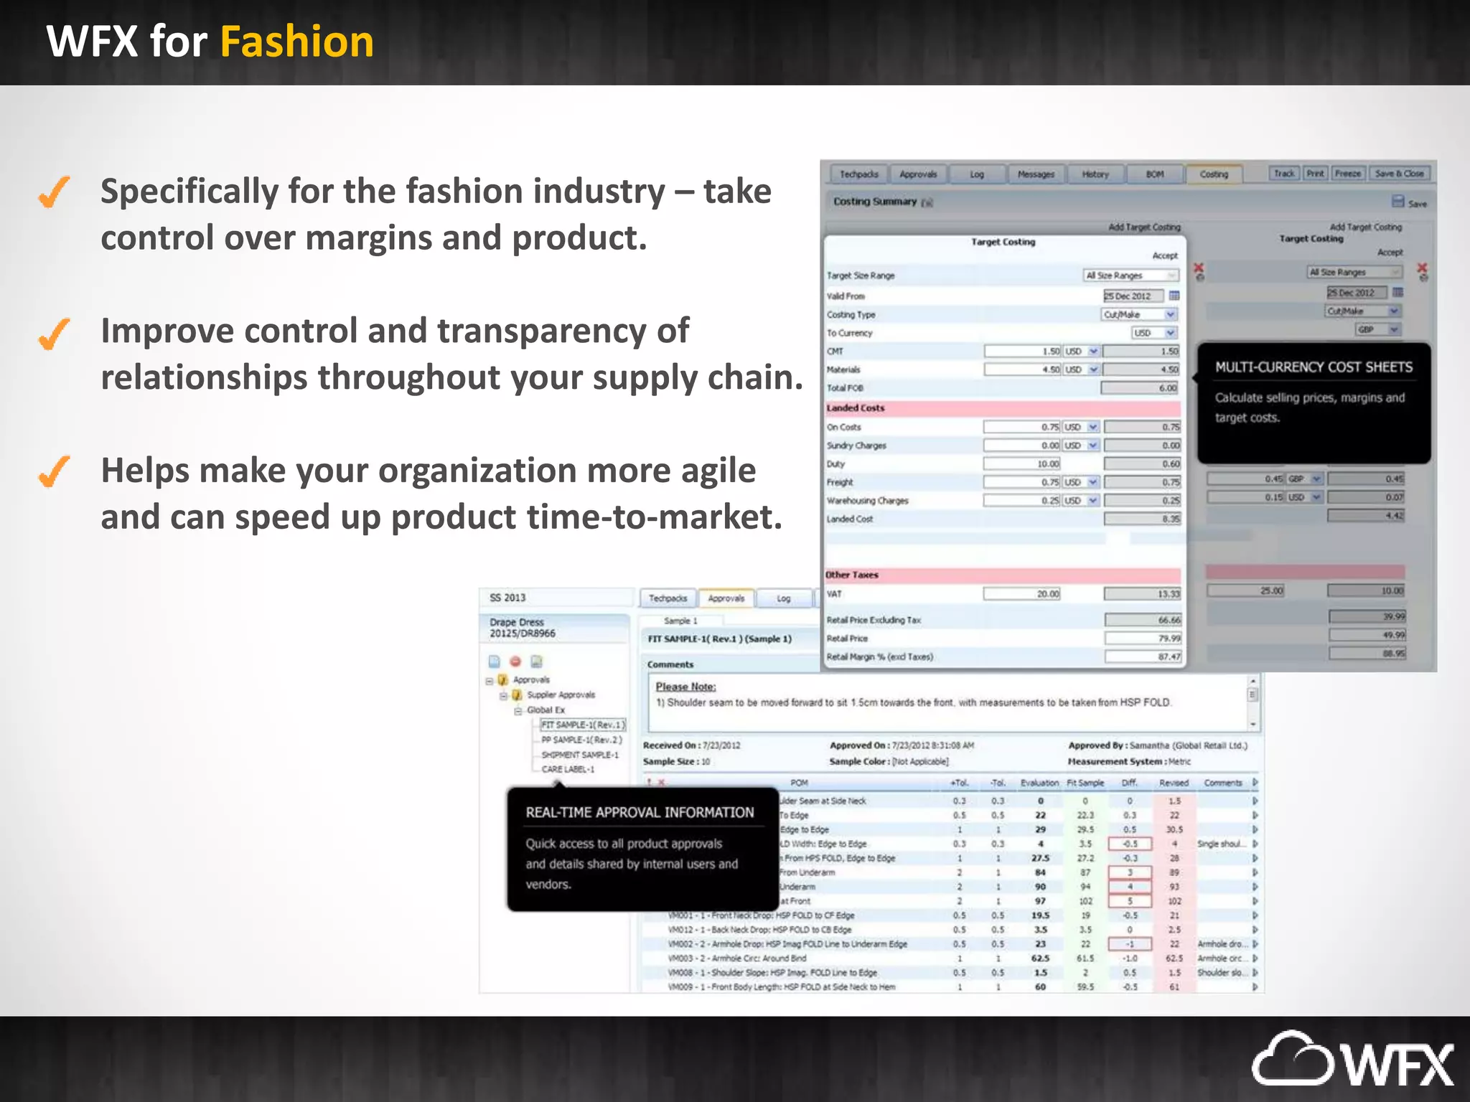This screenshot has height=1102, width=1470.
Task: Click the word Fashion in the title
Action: (x=296, y=42)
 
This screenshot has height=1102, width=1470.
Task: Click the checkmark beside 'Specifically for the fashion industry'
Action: (x=55, y=192)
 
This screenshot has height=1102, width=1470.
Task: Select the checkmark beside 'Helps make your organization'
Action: (x=55, y=471)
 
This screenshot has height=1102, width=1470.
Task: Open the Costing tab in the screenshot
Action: (x=1213, y=174)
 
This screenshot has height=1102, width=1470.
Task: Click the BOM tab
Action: (x=1154, y=174)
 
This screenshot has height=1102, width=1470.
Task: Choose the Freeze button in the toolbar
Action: (x=1347, y=174)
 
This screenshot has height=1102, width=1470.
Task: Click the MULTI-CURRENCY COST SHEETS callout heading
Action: (x=1313, y=367)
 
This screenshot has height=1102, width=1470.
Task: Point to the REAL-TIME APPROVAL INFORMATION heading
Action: (x=640, y=812)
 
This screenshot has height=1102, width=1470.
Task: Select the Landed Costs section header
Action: (x=856, y=408)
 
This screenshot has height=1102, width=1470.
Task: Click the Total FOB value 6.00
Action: (x=1167, y=388)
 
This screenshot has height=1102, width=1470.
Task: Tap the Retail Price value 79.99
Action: (x=1169, y=639)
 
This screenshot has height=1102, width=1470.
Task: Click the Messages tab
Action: (x=1036, y=174)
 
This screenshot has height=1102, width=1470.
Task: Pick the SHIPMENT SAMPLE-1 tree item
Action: (x=579, y=755)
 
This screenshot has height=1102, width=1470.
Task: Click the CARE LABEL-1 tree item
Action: (x=568, y=769)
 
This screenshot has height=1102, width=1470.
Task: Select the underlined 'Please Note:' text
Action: (x=685, y=687)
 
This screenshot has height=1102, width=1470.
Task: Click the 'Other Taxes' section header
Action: (x=852, y=575)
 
